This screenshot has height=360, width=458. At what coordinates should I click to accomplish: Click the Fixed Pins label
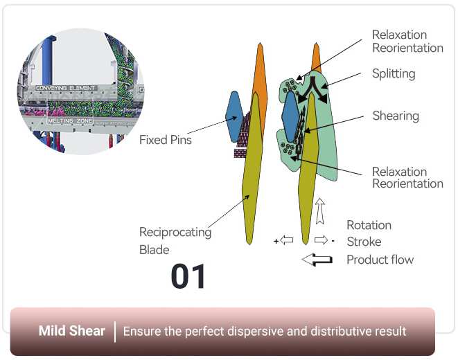(x=165, y=140)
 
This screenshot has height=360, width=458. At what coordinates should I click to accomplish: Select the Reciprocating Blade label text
(x=175, y=240)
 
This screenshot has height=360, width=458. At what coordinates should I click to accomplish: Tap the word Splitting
(x=394, y=73)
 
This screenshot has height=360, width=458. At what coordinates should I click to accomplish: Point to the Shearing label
(x=396, y=116)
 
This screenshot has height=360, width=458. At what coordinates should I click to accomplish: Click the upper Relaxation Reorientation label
(x=407, y=42)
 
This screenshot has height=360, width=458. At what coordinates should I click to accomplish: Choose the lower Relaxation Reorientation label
(x=407, y=177)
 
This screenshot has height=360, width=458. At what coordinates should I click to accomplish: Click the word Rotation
(x=369, y=225)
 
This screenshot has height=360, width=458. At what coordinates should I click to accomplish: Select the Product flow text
(x=380, y=260)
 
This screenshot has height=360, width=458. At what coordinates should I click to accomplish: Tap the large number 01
(x=188, y=277)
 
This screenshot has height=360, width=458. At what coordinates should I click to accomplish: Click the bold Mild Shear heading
(x=71, y=331)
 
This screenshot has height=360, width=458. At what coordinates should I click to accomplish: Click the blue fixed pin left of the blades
(x=234, y=116)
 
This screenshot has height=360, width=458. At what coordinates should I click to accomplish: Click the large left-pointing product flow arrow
(x=317, y=260)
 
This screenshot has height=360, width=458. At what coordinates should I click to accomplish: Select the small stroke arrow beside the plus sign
(x=287, y=241)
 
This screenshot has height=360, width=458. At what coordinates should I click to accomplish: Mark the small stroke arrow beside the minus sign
(x=321, y=241)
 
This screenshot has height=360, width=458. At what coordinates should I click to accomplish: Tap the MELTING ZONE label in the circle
(x=69, y=120)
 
